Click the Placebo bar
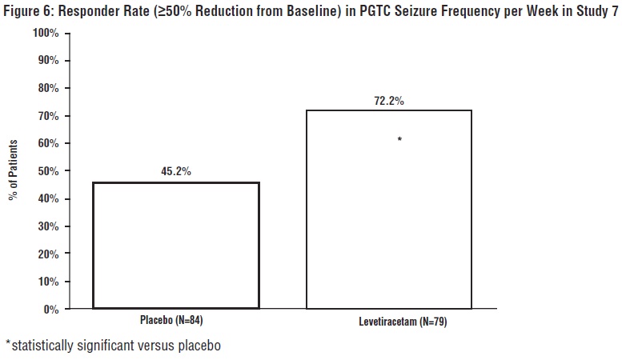point(176,246)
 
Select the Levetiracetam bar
point(389,209)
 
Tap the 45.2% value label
point(175,171)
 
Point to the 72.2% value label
point(388,101)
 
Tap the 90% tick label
point(46,61)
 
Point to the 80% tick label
point(46,89)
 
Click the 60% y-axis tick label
point(46,144)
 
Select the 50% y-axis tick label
point(46,171)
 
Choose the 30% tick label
point(46,226)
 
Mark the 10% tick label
point(46,282)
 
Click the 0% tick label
point(50,309)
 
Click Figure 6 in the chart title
point(26,12)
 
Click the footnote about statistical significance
point(112,346)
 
